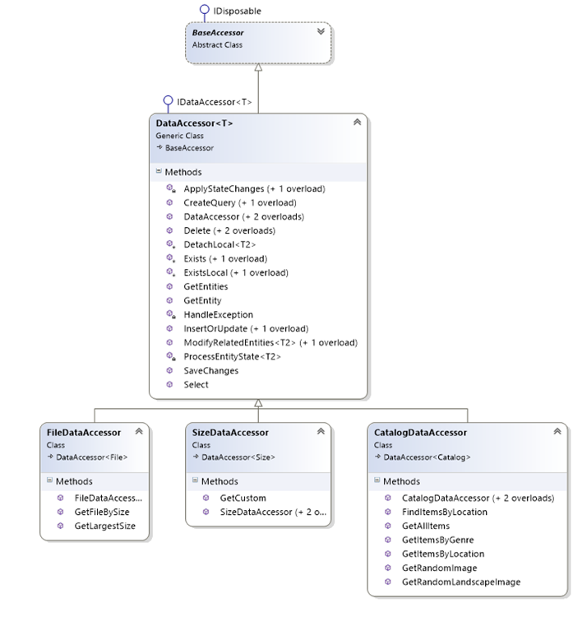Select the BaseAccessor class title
(218, 33)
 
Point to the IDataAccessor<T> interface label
(214, 103)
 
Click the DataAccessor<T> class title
(194, 123)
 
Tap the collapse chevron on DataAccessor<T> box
(357, 123)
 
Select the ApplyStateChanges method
(254, 188)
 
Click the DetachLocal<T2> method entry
(220, 244)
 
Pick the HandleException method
(218, 314)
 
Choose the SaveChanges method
(211, 370)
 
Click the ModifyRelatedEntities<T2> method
(270, 342)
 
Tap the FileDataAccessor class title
(84, 432)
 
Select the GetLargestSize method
(105, 526)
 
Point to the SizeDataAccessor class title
(230, 432)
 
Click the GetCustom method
(242, 498)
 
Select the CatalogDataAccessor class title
(420, 432)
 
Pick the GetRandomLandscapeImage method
(460, 582)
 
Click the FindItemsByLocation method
(444, 512)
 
